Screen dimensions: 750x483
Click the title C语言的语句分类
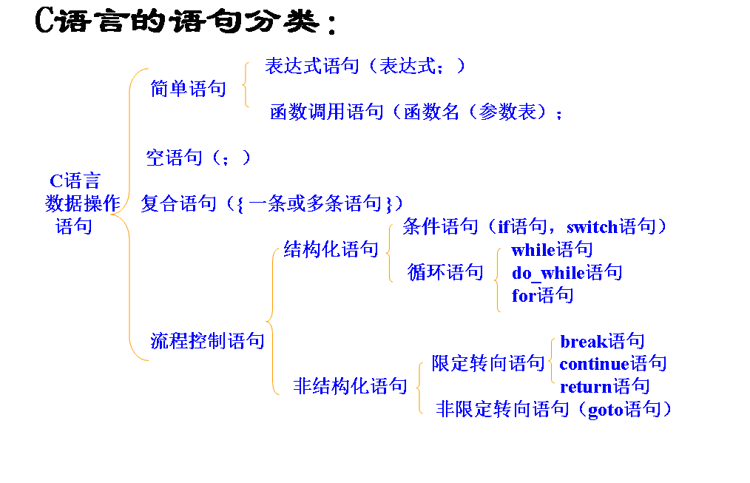(185, 22)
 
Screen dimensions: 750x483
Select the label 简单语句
(188, 89)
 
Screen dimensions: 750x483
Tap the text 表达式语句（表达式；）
(365, 66)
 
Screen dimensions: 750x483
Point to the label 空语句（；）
(198, 157)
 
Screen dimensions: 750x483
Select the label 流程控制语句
(207, 341)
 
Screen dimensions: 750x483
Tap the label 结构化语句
(331, 249)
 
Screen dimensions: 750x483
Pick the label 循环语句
(445, 272)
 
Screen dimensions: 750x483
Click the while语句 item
(552, 250)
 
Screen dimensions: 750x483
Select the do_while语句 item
(567, 272)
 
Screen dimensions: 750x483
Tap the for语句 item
(542, 296)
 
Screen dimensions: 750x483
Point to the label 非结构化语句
(350, 385)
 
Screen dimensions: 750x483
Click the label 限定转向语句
(488, 363)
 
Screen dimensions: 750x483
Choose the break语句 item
(602, 341)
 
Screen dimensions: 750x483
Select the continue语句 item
(612, 363)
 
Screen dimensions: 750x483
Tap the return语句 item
(604, 386)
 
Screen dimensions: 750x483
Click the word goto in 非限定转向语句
(605, 409)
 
